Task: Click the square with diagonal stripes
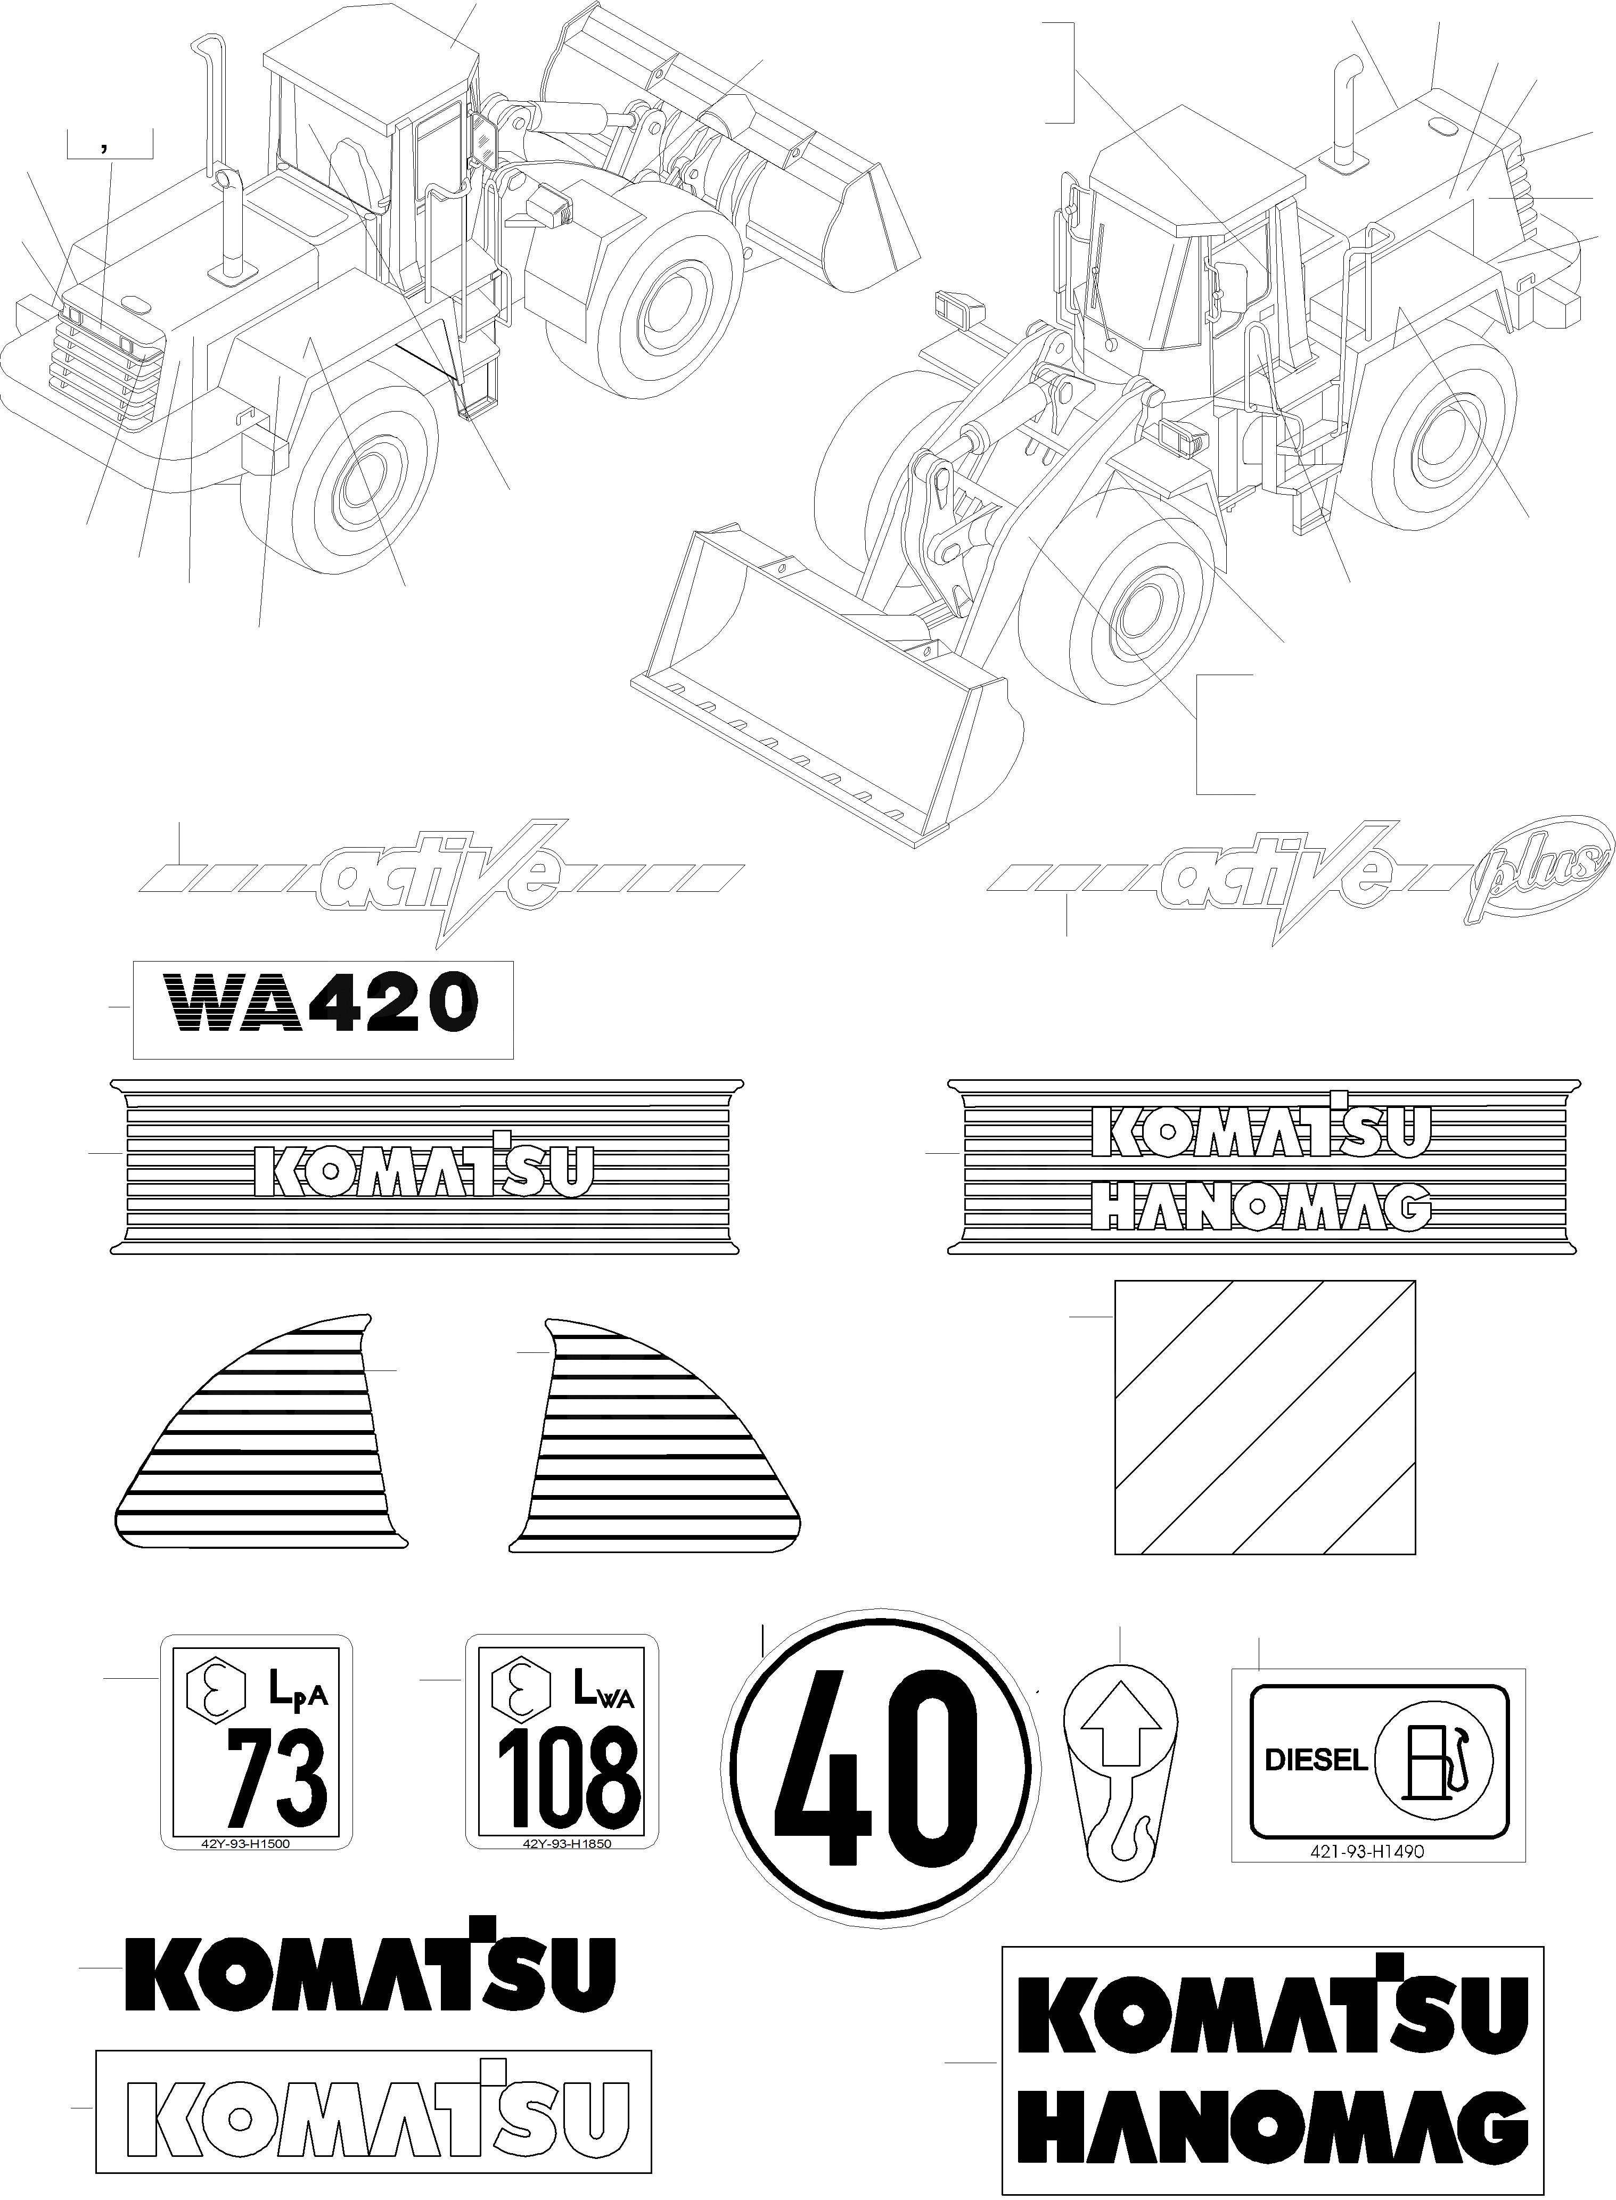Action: pos(1265,1416)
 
